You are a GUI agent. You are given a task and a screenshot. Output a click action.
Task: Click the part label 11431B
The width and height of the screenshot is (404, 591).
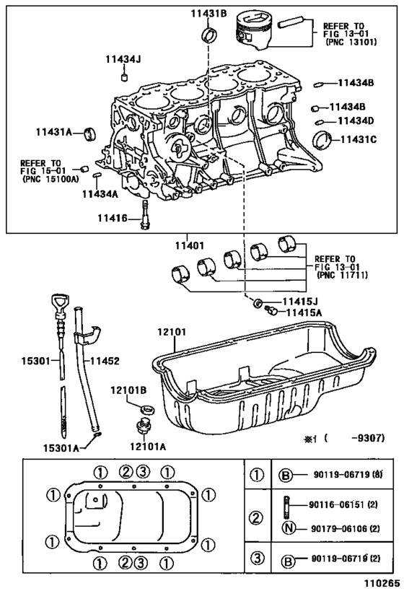pyautogui.click(x=208, y=12)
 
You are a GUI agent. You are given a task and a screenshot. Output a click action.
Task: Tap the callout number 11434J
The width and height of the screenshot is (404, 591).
pyautogui.click(x=126, y=59)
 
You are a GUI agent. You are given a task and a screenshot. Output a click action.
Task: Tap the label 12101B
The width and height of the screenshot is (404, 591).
pyautogui.click(x=128, y=390)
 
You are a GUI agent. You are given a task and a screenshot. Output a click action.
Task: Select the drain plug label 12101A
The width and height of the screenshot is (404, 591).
pyautogui.click(x=148, y=446)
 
